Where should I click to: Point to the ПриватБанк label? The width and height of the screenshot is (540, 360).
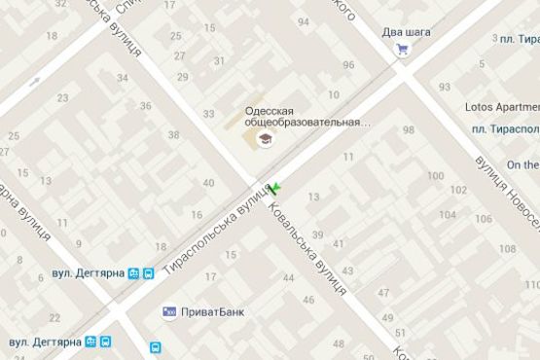tap(212, 312)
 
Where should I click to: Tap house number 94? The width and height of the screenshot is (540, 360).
tap(304, 22)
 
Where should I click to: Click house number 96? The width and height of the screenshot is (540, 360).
tap(348, 65)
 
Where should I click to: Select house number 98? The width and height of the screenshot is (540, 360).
tap(408, 130)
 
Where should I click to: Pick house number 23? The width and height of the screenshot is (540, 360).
tap(63, 97)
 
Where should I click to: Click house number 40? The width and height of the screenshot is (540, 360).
tap(208, 183)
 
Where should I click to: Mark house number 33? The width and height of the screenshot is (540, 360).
tap(208, 114)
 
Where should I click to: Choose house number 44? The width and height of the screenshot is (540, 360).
tap(287, 279)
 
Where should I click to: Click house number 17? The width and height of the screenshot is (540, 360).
tap(211, 277)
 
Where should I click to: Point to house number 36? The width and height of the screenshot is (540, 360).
tap(146, 106)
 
